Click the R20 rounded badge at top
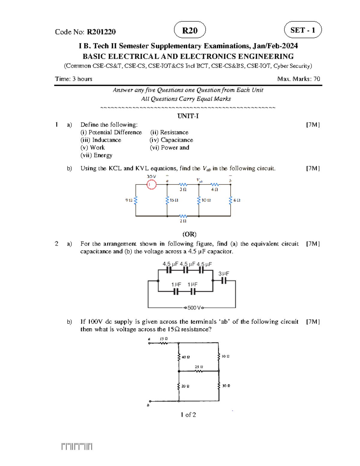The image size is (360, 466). pos(190,30)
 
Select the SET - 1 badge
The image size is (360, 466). pos(302,30)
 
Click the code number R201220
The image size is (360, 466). pos(101,32)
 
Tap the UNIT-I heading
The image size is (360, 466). pos(188,116)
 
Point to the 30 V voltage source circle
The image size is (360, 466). pos(151,185)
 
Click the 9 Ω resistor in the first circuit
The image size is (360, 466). pos(136,200)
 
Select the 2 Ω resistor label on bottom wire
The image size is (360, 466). pos(183,221)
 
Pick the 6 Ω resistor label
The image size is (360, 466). pos(237,200)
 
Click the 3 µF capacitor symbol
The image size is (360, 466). pos(223,281)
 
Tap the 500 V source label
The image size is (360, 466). pos(194,308)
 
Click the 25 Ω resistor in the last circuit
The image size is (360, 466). pos(199,371)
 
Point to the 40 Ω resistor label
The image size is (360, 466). pos(186,357)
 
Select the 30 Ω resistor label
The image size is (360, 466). pos(226,386)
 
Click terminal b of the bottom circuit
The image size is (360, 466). pos(150,401)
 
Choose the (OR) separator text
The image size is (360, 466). pos(189,234)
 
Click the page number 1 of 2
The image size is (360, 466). pos(188,415)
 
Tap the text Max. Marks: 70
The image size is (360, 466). pos(298,79)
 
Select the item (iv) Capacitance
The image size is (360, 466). pos(171,140)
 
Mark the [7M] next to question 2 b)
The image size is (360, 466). pos(313,322)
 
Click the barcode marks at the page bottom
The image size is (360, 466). pos(77,446)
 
